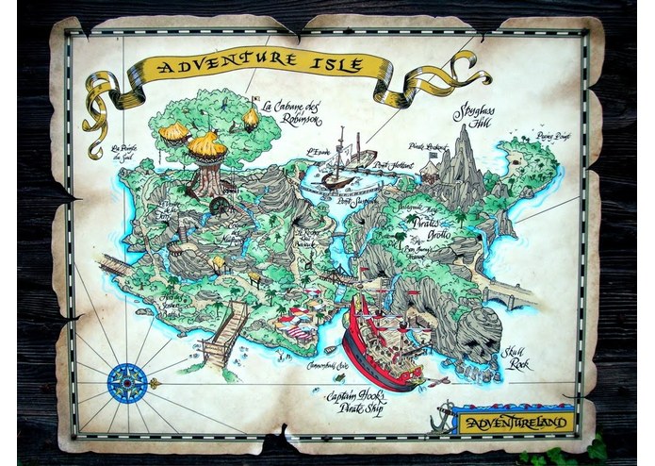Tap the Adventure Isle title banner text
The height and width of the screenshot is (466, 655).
pos(261,66)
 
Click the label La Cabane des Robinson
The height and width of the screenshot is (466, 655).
pos(292,113)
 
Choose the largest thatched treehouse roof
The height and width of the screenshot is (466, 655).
pos(206,145)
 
